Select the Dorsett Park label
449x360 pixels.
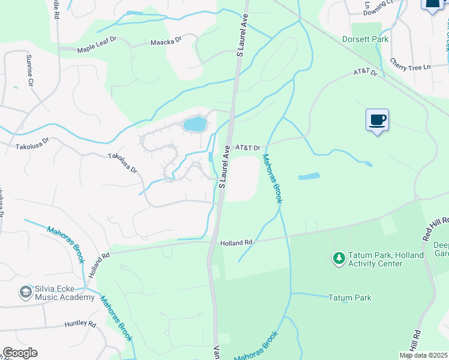(x=366, y=40)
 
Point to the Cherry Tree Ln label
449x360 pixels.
(x=411, y=63)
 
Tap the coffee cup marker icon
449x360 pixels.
(x=377, y=120)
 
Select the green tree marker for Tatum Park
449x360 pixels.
(x=339, y=259)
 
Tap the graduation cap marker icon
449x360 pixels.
(x=25, y=292)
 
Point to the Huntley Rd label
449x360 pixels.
(x=80, y=325)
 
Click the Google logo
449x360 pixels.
(x=20, y=353)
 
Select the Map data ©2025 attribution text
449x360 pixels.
(x=423, y=355)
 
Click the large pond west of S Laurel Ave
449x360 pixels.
(x=194, y=124)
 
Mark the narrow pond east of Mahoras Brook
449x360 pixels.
(x=309, y=176)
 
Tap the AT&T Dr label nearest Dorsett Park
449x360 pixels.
(x=364, y=73)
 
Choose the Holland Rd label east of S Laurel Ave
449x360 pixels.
(x=236, y=243)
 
